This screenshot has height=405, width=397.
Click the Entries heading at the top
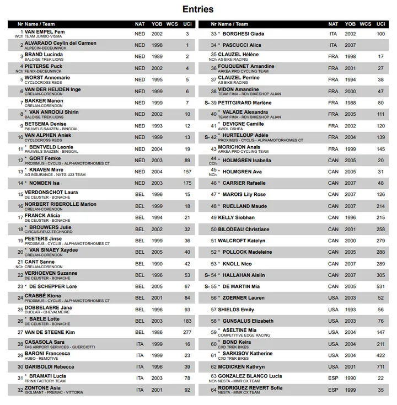(198, 9)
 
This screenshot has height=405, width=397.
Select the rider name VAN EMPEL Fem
(45, 31)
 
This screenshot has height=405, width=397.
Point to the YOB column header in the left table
(157, 24)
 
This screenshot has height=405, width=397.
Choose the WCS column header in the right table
(365, 24)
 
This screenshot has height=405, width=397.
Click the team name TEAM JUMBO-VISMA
(44, 36)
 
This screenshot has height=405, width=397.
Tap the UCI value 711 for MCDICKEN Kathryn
(380, 367)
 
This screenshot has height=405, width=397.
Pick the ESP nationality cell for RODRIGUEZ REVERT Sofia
(333, 390)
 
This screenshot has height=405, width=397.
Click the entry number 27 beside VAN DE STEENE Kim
(20, 332)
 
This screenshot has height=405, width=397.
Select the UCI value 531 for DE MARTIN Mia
(380, 286)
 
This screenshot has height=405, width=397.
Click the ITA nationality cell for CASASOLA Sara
(140, 344)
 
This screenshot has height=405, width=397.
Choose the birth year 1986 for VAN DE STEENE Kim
(157, 332)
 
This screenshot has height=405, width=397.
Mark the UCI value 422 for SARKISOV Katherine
(380, 355)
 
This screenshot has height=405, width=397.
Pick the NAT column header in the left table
(140, 24)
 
